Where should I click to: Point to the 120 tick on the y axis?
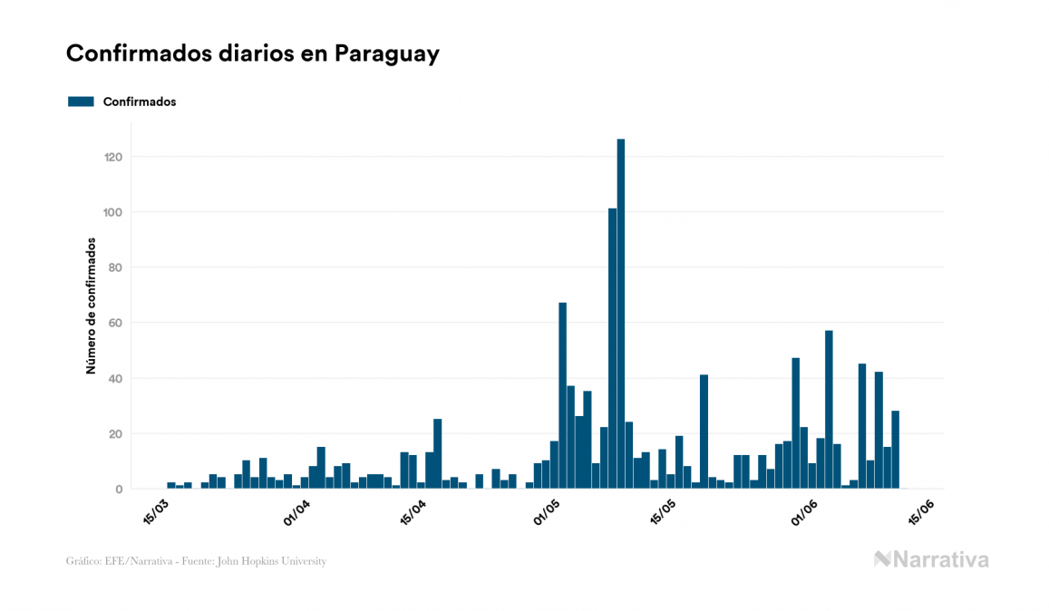tap(113, 157)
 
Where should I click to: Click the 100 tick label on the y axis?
tap(113, 212)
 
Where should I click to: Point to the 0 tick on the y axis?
tap(119, 490)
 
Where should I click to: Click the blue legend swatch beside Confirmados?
tap(81, 102)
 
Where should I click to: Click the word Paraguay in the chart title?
tap(386, 53)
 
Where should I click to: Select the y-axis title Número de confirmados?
tap(91, 306)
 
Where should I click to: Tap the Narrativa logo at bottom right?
tap(931, 559)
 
